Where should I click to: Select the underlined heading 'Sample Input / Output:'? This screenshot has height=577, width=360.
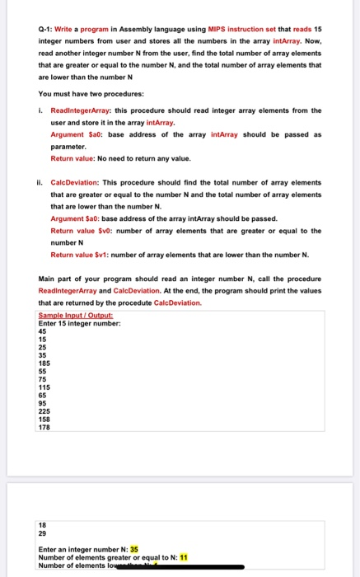tap(75, 316)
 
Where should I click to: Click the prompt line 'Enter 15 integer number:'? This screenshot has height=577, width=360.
tap(80, 323)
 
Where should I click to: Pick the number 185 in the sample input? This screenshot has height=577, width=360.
tap(44, 363)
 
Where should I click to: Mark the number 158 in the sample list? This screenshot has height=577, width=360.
tap(44, 419)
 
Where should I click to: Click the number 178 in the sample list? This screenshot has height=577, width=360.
tap(44, 427)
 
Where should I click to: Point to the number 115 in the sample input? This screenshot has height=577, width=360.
tap(44, 387)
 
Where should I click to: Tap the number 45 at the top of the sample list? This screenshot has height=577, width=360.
tap(43, 331)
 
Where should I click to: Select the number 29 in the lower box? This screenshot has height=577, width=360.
tap(43, 533)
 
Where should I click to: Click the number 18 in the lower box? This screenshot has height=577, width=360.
tap(43, 525)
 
